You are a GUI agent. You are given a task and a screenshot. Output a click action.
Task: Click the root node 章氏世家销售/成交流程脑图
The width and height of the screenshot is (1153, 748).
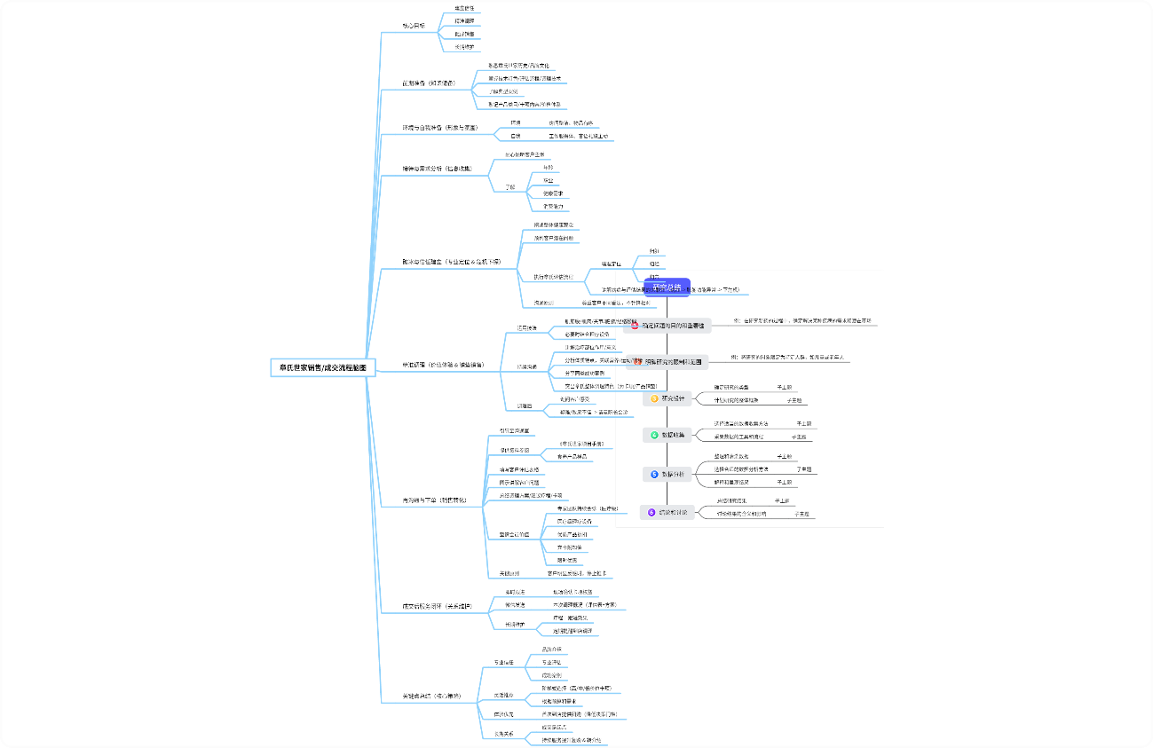[323, 366]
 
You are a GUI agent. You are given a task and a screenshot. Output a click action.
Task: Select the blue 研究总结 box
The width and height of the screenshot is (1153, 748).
[667, 287]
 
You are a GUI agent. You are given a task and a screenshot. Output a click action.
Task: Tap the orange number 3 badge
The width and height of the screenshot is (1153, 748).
[655, 399]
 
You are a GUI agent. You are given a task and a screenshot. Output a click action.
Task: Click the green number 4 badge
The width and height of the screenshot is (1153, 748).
[654, 435]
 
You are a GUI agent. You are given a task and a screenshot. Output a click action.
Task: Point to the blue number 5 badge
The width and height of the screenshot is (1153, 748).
[654, 475]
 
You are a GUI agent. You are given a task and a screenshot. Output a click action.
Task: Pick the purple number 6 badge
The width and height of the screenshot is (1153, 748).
[652, 512]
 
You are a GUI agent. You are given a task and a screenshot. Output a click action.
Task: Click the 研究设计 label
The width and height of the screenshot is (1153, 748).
[674, 399]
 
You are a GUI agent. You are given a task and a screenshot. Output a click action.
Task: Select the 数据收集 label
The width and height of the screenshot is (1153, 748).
[674, 435]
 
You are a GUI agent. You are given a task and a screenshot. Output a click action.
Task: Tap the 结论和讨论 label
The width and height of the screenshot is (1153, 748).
[673, 512]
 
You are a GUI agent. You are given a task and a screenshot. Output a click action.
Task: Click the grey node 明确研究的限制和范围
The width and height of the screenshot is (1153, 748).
[669, 362]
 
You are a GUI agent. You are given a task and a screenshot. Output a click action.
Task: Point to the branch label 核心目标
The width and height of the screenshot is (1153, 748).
[414, 26]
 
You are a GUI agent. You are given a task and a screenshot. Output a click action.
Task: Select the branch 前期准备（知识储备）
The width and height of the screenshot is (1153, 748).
[435, 83]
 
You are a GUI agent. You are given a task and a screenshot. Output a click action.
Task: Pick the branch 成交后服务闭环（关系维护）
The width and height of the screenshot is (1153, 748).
[437, 607]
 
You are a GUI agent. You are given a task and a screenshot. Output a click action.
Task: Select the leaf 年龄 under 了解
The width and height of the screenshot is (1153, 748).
[548, 167]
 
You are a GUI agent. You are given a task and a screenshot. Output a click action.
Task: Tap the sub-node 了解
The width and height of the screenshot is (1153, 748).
[509, 187]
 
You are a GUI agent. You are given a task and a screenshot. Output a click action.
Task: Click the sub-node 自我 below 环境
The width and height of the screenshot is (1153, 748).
[515, 136]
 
